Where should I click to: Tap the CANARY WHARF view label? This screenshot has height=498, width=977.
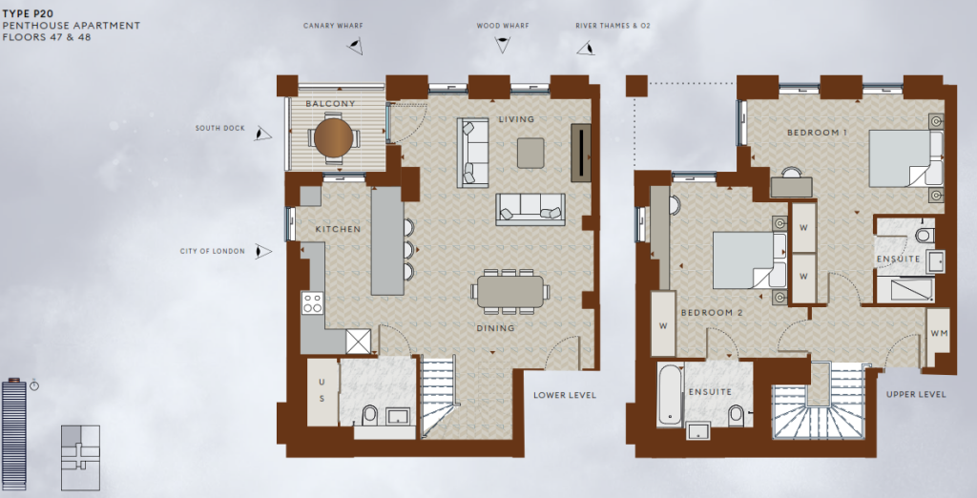click(x=333, y=26)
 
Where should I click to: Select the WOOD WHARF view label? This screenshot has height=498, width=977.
click(x=502, y=26)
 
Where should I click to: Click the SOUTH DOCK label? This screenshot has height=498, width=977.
click(x=219, y=128)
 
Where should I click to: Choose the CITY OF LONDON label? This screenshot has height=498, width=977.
click(x=212, y=252)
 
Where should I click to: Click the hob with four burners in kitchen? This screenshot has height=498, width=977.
click(x=312, y=303)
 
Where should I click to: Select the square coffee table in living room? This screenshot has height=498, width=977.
click(x=530, y=153)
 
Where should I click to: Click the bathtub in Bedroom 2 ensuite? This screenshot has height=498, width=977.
click(x=670, y=396)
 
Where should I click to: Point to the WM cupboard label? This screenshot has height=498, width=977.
click(x=937, y=332)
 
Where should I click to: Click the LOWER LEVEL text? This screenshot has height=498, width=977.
click(x=565, y=395)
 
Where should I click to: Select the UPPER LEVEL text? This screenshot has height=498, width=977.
click(x=916, y=394)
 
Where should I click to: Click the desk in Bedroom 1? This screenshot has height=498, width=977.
click(x=792, y=186)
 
